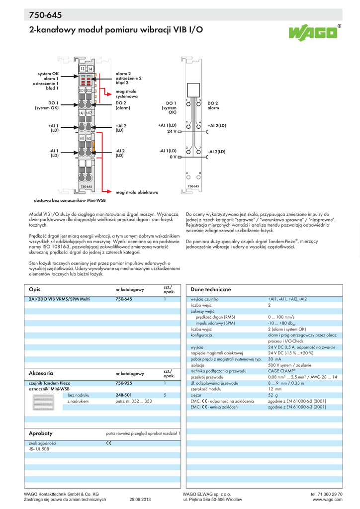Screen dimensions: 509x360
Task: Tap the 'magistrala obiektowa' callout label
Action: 137,192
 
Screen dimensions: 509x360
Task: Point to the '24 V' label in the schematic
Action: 172,132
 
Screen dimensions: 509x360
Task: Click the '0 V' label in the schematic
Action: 173,157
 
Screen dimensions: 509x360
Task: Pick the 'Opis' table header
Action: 34,289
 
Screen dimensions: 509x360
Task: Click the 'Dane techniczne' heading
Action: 211,289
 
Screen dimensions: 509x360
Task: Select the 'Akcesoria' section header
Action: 41,373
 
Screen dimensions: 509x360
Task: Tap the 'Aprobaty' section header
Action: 40,433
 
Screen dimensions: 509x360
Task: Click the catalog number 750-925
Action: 124,383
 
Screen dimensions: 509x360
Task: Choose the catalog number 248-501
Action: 124,395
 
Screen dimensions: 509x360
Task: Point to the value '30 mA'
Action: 274,358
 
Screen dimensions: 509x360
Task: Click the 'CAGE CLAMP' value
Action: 281,371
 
